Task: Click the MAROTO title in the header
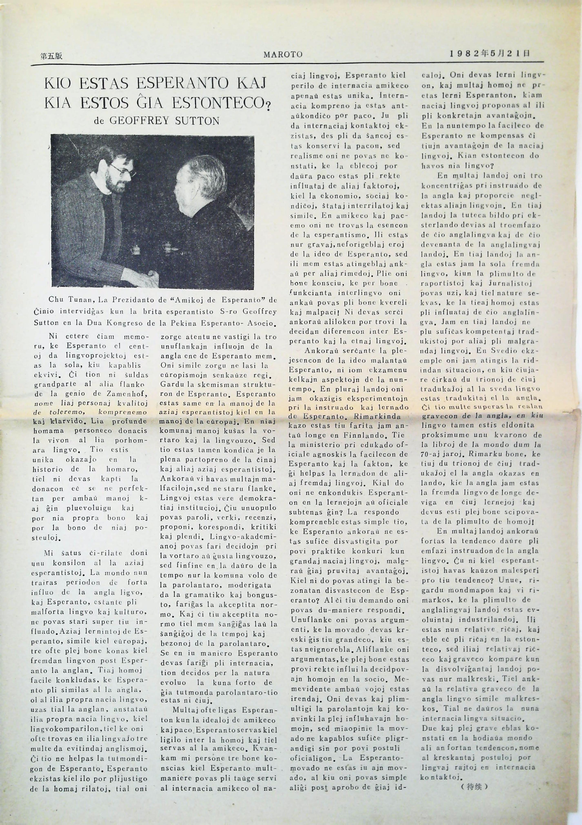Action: (283, 55)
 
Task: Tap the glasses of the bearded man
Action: (122, 169)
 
